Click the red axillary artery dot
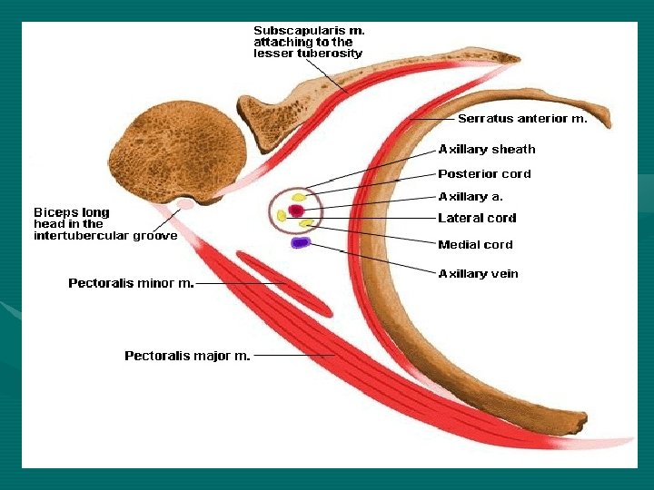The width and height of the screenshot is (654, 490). tap(296, 211)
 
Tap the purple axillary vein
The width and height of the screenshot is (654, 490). tap(300, 242)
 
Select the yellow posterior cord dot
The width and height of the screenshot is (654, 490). tap(299, 196)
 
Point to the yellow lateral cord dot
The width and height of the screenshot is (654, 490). tap(282, 215)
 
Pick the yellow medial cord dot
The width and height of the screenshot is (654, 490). tap(306, 222)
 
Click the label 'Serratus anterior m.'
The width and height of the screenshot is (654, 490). tap(522, 118)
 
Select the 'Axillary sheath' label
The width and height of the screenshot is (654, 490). tap(487, 149)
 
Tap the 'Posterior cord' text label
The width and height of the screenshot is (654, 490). tap(484, 173)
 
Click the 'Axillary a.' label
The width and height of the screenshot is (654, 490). tap(471, 196)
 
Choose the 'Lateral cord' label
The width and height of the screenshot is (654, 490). tap(477, 218)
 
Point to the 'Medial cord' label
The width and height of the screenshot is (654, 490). tap(475, 244)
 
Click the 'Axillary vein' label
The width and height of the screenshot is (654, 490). tap(478, 273)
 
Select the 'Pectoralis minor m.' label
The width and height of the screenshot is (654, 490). tap(131, 283)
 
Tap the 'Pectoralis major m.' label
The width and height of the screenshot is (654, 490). tap(187, 356)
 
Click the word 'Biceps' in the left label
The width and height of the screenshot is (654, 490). tap(55, 212)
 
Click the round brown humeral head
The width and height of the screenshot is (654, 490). tap(185, 150)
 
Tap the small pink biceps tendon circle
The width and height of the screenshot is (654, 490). tap(185, 204)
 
